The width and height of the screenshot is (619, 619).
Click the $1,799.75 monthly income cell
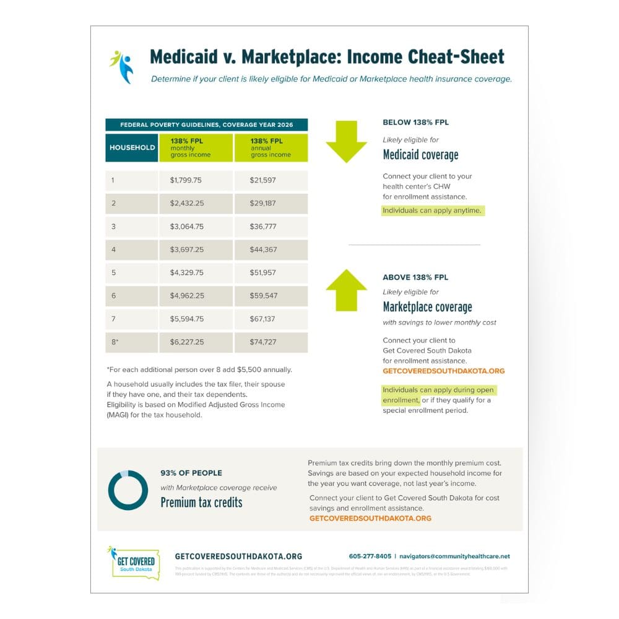point(186,181)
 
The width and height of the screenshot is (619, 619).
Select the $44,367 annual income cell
point(263,249)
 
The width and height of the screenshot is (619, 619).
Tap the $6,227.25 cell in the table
point(186,342)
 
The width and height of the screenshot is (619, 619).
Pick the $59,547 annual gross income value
point(263,296)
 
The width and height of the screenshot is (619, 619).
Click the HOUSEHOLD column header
point(132,148)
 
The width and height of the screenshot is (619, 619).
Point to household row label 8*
point(114,342)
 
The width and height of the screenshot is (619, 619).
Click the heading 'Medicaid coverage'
point(420,155)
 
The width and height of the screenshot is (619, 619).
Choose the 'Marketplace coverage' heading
point(427,307)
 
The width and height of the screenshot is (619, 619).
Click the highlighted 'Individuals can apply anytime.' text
point(432,210)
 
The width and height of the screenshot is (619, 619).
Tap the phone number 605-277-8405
point(370,556)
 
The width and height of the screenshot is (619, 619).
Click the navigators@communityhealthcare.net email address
point(454,556)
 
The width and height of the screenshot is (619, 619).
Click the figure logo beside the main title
point(122,66)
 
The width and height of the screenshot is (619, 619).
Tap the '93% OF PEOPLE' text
point(191,473)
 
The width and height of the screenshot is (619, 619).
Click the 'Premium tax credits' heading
point(201,502)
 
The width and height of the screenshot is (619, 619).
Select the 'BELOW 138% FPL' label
point(415,123)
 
